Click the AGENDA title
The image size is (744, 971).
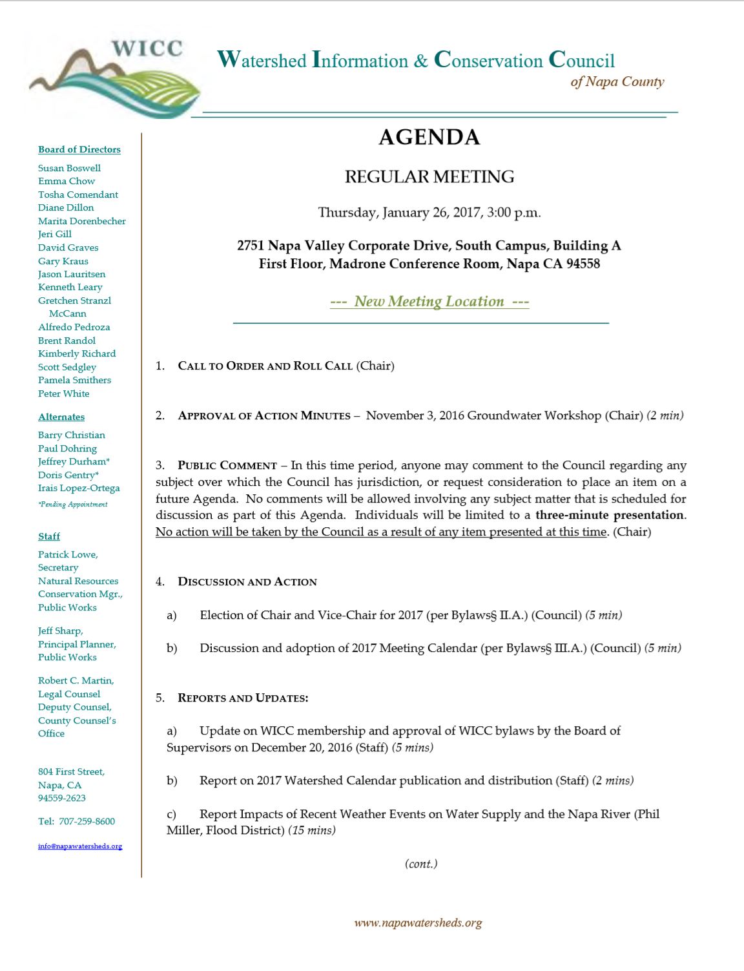[429, 137]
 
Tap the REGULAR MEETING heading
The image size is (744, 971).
[429, 176]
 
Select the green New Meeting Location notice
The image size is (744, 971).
[429, 301]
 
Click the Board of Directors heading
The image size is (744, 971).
[79, 149]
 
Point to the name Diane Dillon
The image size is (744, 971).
[66, 207]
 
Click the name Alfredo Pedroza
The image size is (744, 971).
[74, 327]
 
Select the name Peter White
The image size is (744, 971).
[63, 393]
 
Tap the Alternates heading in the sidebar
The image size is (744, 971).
[61, 417]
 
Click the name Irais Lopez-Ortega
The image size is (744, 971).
[79, 488]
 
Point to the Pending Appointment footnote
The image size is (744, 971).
[73, 505]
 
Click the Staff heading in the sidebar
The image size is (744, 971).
[49, 536]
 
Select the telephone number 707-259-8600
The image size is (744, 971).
[87, 821]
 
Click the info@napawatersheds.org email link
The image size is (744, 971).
[80, 846]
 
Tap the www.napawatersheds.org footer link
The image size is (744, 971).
[418, 923]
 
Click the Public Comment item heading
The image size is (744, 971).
[227, 465]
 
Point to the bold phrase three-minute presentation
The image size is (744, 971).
[610, 515]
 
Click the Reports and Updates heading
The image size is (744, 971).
[243, 698]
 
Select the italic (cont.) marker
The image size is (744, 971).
[421, 864]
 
